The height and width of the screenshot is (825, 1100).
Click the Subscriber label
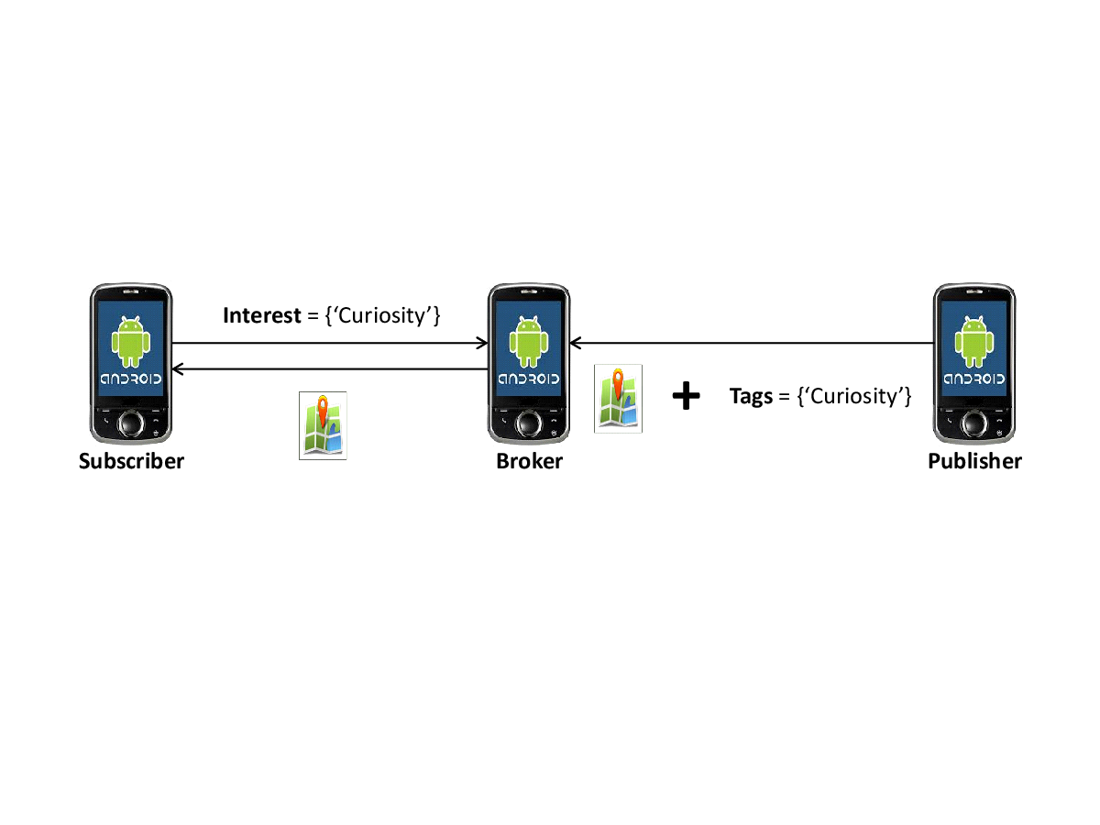(x=131, y=461)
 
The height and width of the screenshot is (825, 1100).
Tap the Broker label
(x=529, y=461)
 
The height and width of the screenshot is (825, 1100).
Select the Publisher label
(x=974, y=461)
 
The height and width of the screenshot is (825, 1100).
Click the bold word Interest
(x=262, y=315)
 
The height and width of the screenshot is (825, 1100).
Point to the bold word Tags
(x=751, y=396)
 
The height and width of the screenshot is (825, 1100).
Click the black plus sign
(x=686, y=396)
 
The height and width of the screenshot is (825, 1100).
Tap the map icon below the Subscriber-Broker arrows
(x=323, y=425)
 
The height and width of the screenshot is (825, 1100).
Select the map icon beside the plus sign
(x=618, y=399)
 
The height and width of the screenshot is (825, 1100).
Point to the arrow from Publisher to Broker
(x=752, y=343)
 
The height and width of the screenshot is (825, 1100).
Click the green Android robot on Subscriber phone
(x=131, y=342)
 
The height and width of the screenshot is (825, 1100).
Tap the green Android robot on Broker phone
(x=529, y=342)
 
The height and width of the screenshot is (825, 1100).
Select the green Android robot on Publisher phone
(x=974, y=342)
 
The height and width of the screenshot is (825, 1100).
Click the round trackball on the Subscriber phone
(x=131, y=423)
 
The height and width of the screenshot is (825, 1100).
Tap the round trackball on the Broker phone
(x=529, y=423)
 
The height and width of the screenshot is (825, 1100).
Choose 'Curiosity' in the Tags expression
(x=854, y=396)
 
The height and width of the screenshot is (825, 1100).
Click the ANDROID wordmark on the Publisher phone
(x=974, y=379)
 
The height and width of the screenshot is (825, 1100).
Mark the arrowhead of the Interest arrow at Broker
(x=481, y=343)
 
